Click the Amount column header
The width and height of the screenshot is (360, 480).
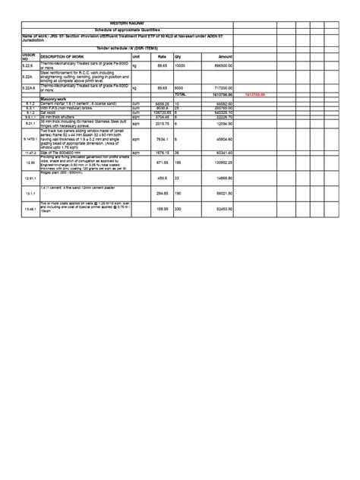(225, 57)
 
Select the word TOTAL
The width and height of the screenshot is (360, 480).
(180, 94)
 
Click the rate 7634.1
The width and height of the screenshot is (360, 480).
(160, 140)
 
